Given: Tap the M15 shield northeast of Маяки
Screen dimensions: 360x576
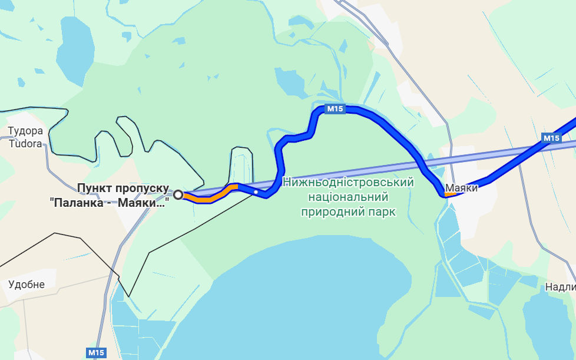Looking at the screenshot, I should [x=551, y=138].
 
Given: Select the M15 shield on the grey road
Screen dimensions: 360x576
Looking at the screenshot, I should [x=96, y=352].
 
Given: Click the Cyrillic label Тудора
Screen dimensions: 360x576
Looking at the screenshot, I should [x=25, y=131].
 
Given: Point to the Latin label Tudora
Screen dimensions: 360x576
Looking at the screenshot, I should [x=25, y=143].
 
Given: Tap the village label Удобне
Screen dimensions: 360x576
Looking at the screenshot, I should [x=27, y=285].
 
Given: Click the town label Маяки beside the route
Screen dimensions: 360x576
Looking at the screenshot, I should [x=461, y=189].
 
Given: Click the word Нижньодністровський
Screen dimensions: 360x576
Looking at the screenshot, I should [x=348, y=182].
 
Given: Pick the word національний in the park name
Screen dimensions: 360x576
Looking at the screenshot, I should [x=348, y=196].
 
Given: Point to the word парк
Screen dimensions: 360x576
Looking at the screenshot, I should [x=383, y=211].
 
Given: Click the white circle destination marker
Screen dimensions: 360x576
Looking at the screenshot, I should [x=178, y=194].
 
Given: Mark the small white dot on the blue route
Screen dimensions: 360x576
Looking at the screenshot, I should [x=256, y=191].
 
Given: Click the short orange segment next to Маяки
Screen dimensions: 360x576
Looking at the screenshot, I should [x=449, y=194].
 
